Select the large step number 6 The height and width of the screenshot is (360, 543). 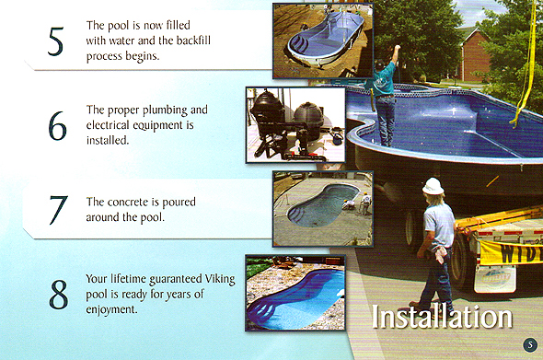[57, 126]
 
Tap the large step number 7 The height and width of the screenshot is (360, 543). [57, 211]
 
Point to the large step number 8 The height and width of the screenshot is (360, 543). [58, 295]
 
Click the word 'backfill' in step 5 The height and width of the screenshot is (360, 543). [219, 41]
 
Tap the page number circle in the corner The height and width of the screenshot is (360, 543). [529, 345]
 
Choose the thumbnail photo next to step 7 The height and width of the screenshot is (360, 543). [322, 208]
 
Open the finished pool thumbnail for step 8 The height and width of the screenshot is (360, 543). [295, 292]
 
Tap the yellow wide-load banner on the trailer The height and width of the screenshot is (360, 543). [506, 250]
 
